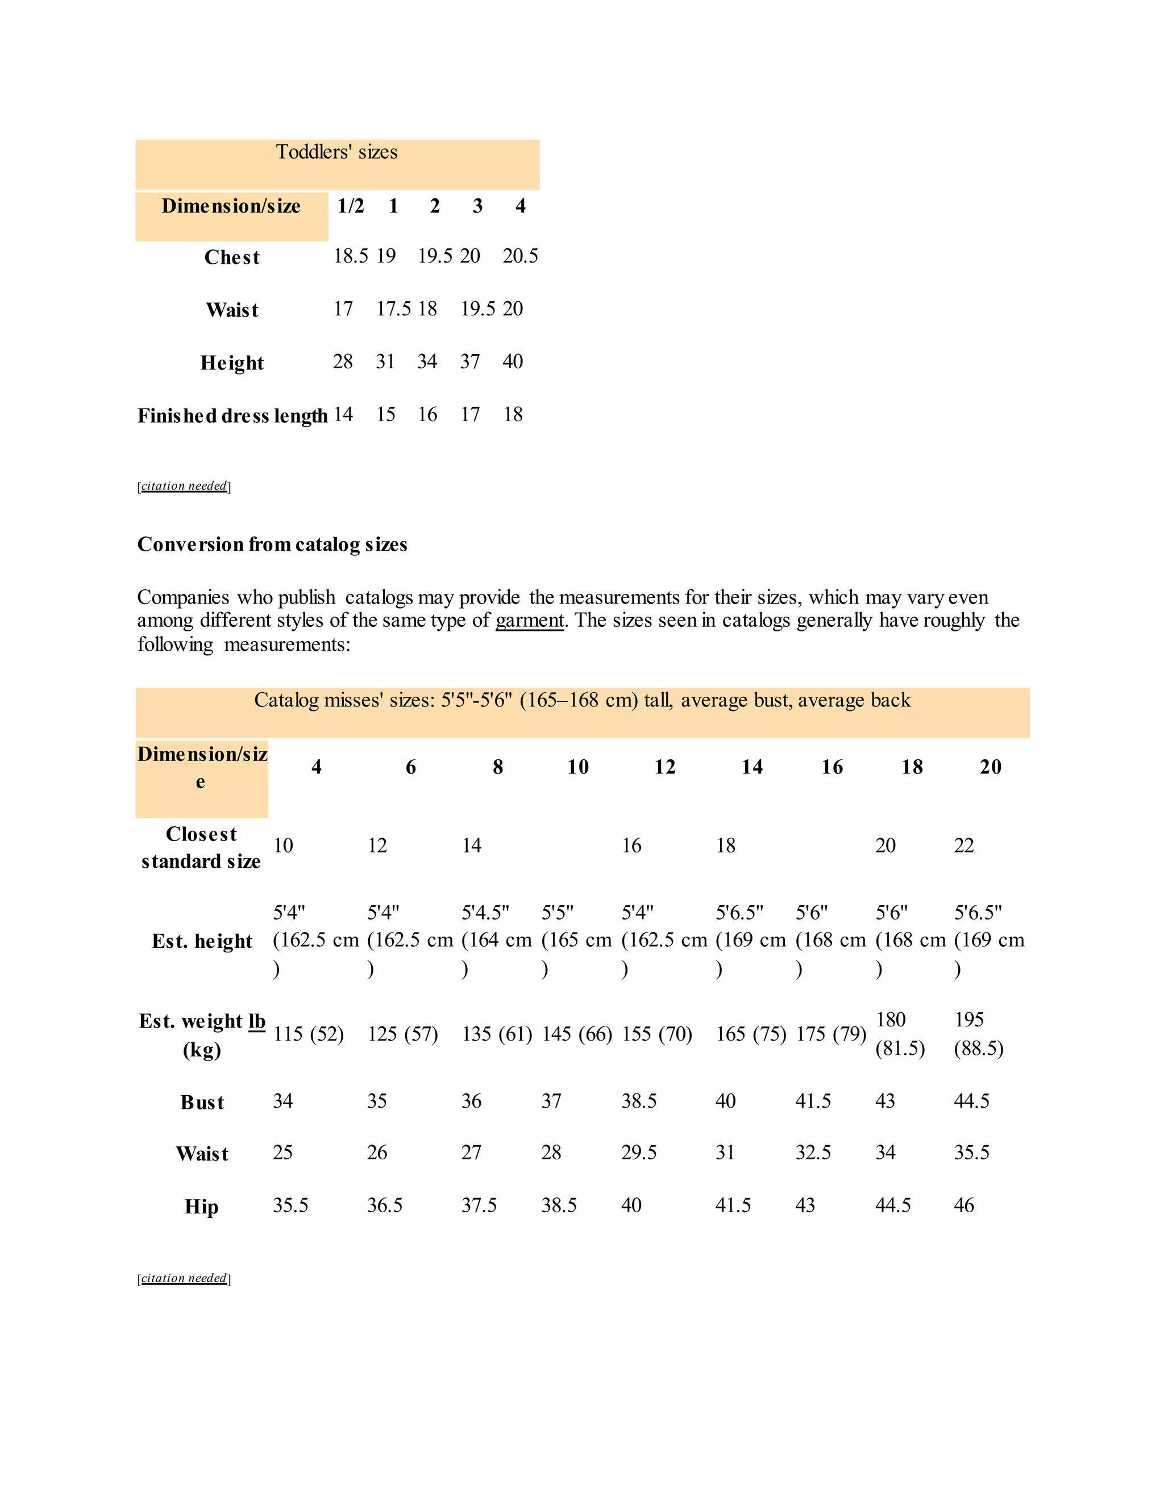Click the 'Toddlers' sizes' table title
(336, 152)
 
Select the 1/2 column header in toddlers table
(350, 206)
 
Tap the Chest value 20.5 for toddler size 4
(520, 256)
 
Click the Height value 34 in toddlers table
(427, 361)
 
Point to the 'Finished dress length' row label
(232, 416)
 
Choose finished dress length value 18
(512, 414)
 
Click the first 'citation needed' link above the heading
(184, 486)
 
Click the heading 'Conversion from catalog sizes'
(272, 545)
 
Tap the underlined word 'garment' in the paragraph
(530, 620)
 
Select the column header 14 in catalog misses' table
(751, 767)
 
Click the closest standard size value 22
(963, 846)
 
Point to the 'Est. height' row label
(202, 941)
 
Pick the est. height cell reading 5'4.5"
(485, 912)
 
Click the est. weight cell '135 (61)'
(497, 1034)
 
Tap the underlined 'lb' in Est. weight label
(256, 1021)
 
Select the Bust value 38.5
(638, 1101)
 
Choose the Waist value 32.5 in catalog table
(812, 1153)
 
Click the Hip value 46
(963, 1205)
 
